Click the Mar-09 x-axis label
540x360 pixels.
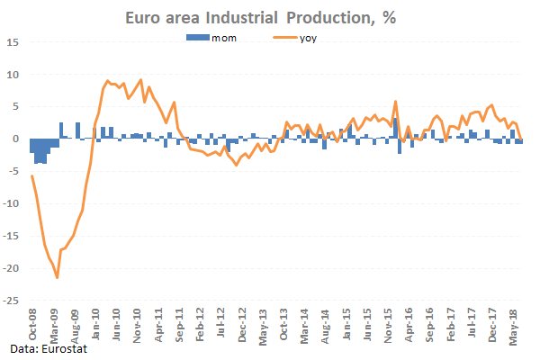coord(52,325)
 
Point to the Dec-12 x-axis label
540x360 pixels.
coord(242,325)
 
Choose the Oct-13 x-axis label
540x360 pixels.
coord(284,325)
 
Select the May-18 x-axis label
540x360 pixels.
coord(516,325)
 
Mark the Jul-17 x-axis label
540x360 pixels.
coord(473,325)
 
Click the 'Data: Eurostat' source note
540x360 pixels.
coord(44,347)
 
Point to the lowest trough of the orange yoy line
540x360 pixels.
coord(58,278)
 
